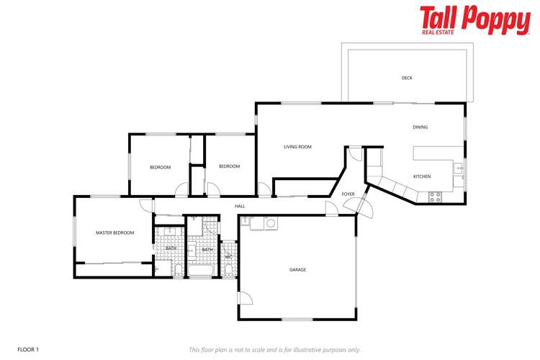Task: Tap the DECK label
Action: [x=407, y=78]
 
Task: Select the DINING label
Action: [x=420, y=127]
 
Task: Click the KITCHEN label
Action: [x=421, y=176]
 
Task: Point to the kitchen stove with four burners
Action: [x=436, y=196]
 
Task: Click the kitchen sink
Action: [x=458, y=170]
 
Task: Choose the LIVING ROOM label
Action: [x=297, y=147]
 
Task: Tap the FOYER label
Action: [x=348, y=194]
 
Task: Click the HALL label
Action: [x=240, y=207]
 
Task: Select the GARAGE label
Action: [x=297, y=270]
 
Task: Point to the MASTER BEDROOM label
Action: [x=115, y=233]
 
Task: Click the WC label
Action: [x=228, y=256]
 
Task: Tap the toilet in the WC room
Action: [x=228, y=269]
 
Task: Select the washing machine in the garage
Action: [x=270, y=223]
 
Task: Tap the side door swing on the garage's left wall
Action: [x=244, y=297]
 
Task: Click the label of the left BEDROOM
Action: [x=160, y=167]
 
